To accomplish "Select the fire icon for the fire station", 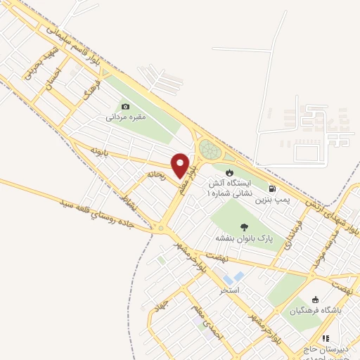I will (229, 172).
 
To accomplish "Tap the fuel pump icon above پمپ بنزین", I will (272, 189).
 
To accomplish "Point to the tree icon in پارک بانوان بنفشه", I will (243, 226).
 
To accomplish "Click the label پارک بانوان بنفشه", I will (243, 238).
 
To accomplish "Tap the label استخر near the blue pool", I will (230, 290).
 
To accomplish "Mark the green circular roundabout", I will (209, 149).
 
